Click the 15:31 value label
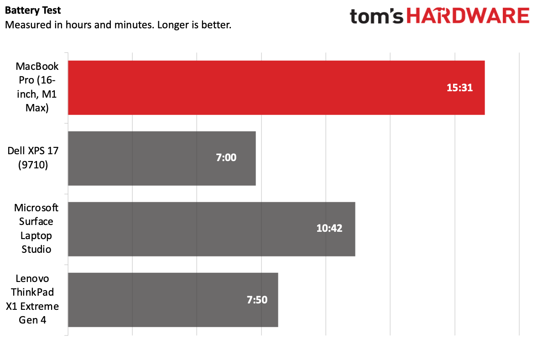click(459, 88)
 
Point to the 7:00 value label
click(226, 158)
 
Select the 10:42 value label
click(329, 229)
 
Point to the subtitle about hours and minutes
click(118, 24)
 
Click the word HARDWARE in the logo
click(467, 16)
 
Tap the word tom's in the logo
click(377, 16)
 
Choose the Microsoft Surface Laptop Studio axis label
click(36, 229)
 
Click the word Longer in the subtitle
click(172, 24)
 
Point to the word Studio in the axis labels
click(36, 250)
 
